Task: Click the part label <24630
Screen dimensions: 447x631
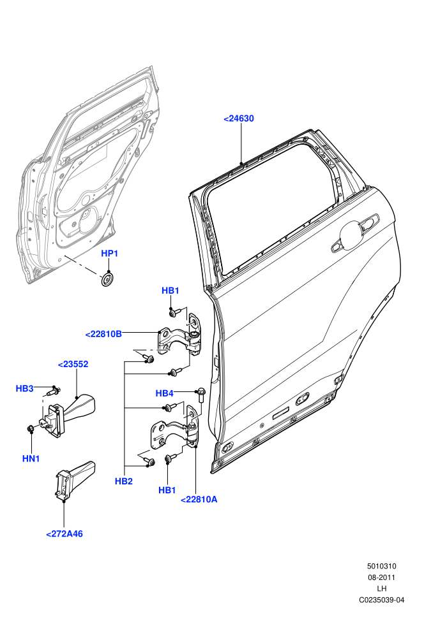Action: (x=239, y=119)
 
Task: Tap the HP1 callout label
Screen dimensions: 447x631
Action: (x=109, y=254)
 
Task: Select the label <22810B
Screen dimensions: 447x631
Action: (x=103, y=334)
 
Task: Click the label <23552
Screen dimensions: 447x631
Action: (x=73, y=364)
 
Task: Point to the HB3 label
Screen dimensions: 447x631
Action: (x=24, y=388)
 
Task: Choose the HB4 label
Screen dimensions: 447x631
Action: (x=164, y=393)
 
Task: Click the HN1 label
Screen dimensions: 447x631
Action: (x=31, y=458)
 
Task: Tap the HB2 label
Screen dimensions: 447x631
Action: (x=124, y=481)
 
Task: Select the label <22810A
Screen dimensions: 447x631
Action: (x=199, y=500)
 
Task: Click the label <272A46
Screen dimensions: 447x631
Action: (x=64, y=534)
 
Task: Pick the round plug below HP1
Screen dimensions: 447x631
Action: (x=108, y=280)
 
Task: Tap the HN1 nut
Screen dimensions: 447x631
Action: (x=29, y=429)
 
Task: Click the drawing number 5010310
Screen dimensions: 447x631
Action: (x=381, y=566)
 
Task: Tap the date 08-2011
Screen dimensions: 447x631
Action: (x=381, y=577)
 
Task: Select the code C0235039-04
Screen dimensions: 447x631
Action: (x=381, y=600)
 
